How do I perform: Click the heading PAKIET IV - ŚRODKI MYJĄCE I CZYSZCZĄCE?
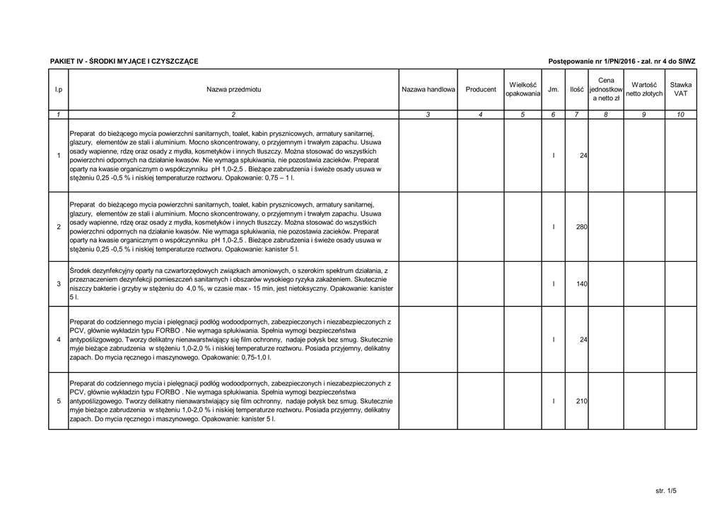124,62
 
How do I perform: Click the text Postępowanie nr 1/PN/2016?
592,62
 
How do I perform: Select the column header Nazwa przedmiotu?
233,90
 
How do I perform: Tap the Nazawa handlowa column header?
428,90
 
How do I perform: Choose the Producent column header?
481,90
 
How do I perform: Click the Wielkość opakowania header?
524,90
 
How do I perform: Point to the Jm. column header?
554,90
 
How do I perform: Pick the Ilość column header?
577,90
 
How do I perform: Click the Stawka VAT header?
680,90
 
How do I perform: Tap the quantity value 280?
582,227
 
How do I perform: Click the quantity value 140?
582,284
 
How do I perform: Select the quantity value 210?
582,402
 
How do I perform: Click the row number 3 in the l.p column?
59,284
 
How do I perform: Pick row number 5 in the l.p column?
59,402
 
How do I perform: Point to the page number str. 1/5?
666,490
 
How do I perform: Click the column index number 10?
680,115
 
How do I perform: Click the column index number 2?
233,115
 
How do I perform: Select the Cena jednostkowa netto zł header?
606,90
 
